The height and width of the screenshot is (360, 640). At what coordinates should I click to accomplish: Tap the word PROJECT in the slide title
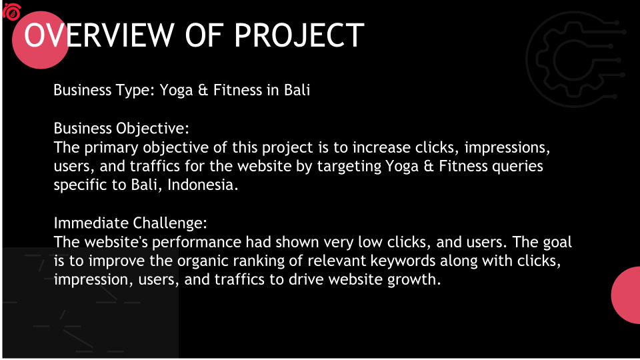[299, 35]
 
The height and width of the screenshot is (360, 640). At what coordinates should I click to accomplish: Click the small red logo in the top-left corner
[12, 12]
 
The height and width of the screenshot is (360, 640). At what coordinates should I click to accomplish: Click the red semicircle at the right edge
[626, 295]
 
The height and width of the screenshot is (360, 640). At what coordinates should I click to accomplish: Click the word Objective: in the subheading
[153, 129]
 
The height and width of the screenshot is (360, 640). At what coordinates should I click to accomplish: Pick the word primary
[111, 148]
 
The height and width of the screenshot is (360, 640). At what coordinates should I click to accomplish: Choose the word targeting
[349, 167]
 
